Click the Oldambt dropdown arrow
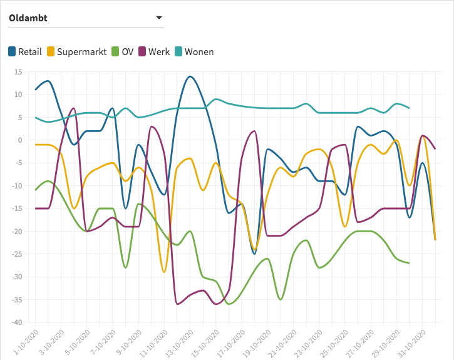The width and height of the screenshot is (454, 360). click(x=159, y=18)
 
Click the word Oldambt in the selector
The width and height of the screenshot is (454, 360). click(x=28, y=18)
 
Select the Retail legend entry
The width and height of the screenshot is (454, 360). click(x=25, y=51)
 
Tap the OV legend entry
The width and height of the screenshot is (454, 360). click(x=121, y=51)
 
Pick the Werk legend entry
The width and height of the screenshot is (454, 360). click(x=153, y=51)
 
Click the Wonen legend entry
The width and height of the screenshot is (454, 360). click(x=193, y=51)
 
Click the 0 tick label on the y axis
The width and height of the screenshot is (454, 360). click(x=19, y=140)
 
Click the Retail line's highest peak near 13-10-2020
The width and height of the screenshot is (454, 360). click(x=190, y=76)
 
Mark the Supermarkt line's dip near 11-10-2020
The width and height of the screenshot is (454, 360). click(x=164, y=272)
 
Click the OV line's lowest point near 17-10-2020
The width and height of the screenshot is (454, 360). click(x=229, y=304)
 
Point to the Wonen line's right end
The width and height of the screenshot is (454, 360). click(x=409, y=108)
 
